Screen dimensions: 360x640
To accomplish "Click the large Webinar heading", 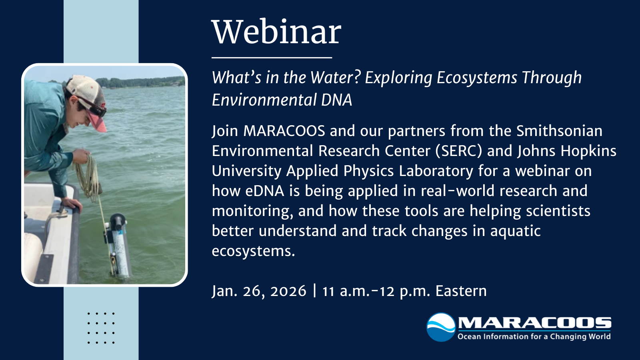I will [x=276, y=32].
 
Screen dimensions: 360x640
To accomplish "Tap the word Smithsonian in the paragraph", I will [x=559, y=131].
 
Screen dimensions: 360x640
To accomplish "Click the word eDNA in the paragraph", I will [x=264, y=191].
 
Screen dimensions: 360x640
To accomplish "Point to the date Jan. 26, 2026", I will [x=259, y=291].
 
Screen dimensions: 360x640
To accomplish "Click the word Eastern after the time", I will [x=461, y=291].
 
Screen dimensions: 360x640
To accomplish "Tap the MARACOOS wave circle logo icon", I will [x=441, y=327].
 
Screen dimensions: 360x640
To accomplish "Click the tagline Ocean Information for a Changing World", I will [x=534, y=336].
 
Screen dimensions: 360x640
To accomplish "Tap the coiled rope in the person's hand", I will [x=88, y=176].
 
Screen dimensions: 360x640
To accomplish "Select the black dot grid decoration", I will [x=101, y=328].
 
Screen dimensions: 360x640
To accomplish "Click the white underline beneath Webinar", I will [x=272, y=58].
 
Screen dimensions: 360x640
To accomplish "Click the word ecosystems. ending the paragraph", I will [x=253, y=251].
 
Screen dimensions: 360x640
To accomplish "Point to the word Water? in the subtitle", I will [x=336, y=78].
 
